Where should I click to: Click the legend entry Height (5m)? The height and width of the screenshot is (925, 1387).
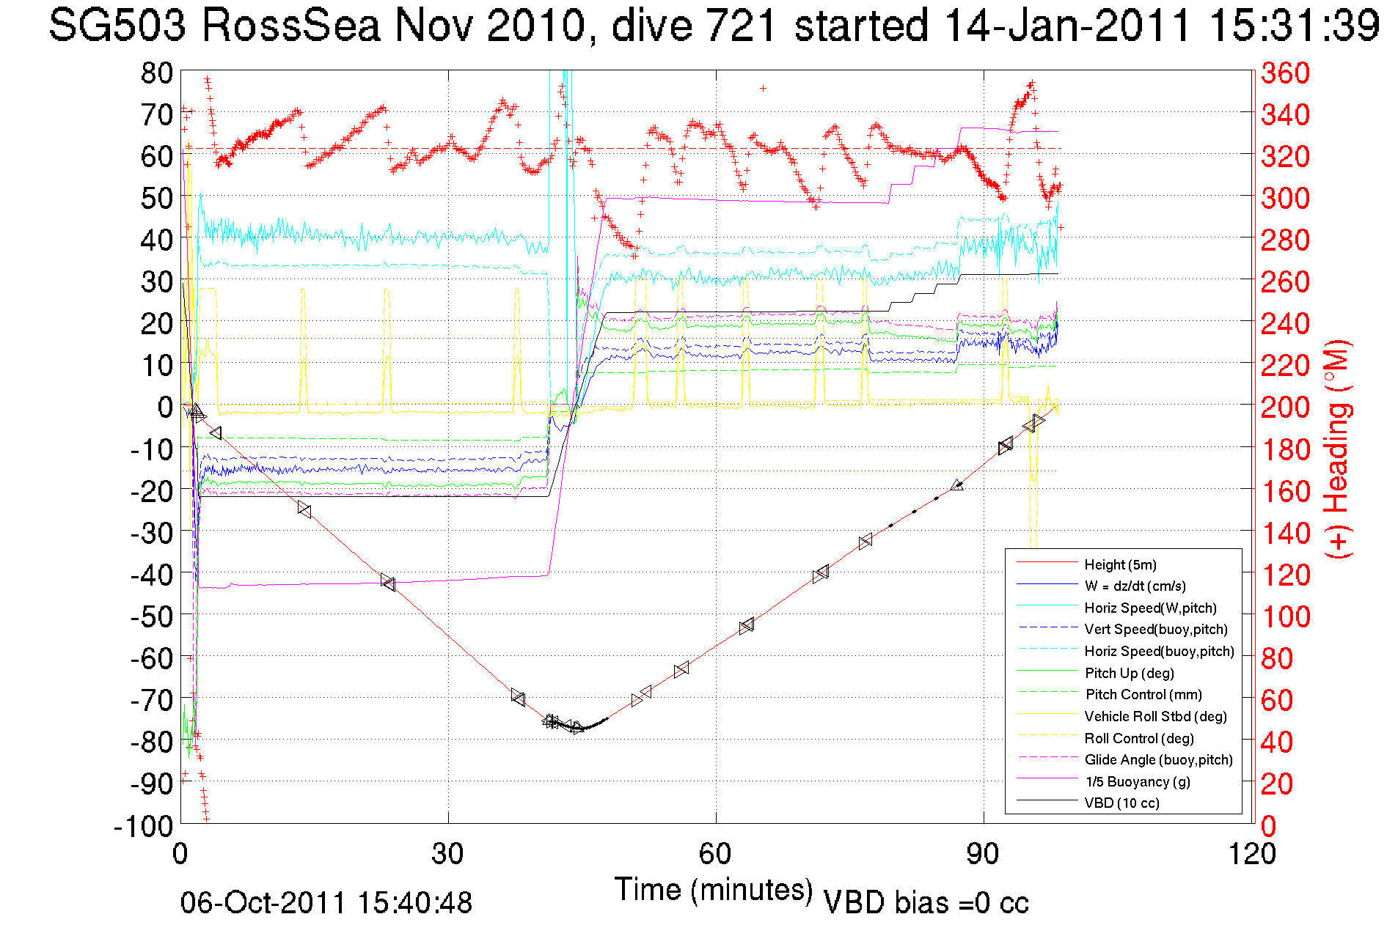click(1120, 564)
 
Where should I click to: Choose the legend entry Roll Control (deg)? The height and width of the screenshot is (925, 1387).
click(1139, 738)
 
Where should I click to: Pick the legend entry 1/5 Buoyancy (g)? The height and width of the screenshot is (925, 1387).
click(1138, 781)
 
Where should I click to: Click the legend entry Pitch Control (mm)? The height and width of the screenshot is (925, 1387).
click(1143, 694)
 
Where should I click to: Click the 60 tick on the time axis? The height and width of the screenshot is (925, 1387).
click(715, 854)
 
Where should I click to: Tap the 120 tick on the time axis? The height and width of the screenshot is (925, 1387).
click(1251, 854)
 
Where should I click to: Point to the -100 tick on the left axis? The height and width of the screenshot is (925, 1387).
click(143, 826)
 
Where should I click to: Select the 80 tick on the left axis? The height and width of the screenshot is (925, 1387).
click(156, 73)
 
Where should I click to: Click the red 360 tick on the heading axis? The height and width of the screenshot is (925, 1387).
click(1285, 73)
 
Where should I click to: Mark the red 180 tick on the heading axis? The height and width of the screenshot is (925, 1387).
click(1285, 449)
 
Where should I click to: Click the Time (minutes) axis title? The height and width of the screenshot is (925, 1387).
click(714, 890)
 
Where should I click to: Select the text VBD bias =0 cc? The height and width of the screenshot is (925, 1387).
click(926, 903)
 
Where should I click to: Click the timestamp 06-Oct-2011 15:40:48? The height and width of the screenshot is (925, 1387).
click(326, 903)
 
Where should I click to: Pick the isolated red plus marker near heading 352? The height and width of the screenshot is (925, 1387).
click(764, 88)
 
